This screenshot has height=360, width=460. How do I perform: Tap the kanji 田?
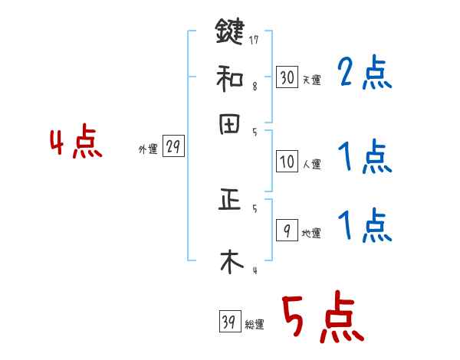click(230, 125)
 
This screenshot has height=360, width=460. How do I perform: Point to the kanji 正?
click(230, 201)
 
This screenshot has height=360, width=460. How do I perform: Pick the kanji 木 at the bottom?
click(230, 260)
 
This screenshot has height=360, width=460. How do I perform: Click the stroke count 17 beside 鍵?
click(254, 40)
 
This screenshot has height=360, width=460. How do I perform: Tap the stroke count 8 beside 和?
click(254, 87)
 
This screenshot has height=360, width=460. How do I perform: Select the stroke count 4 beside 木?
click(254, 270)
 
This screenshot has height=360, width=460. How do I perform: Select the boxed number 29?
click(173, 147)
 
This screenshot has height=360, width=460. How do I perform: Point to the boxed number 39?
click(229, 322)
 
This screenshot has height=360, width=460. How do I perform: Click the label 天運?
click(311, 80)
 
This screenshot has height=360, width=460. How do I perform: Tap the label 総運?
click(255, 325)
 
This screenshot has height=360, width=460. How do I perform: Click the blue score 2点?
click(364, 74)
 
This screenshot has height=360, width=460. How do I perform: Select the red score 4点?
click(75, 143)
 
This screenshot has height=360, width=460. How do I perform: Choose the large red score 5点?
click(322, 318)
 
